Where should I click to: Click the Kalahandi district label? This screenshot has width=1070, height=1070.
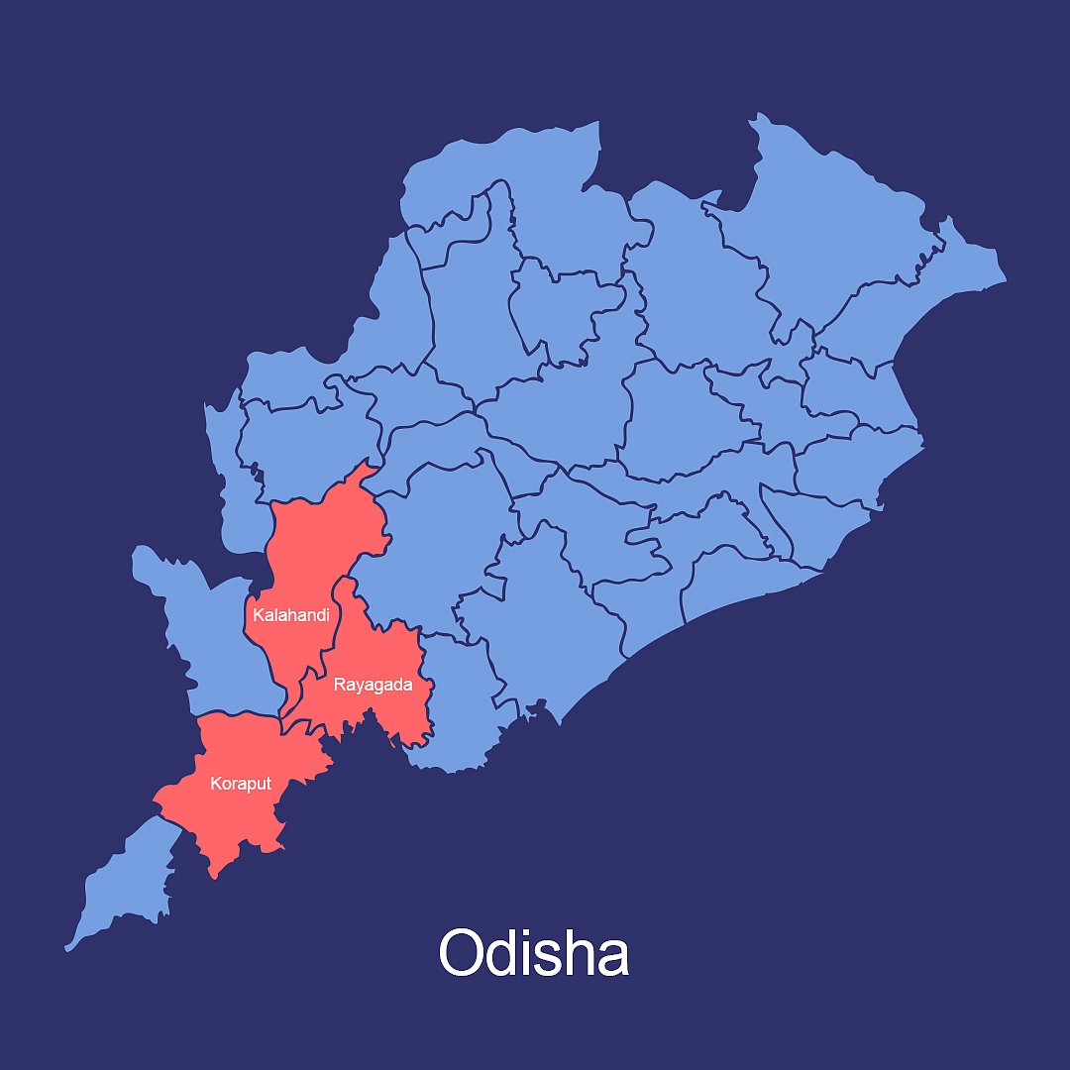(290, 615)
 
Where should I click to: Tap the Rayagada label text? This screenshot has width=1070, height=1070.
(373, 685)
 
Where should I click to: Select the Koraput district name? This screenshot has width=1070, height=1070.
(240, 784)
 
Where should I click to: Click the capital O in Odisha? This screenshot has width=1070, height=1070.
(463, 954)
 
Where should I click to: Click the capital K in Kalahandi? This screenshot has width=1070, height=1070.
(258, 615)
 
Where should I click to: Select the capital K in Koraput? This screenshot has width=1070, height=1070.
(215, 784)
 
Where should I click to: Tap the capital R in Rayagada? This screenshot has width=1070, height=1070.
(339, 685)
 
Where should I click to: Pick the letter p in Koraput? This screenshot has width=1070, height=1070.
(250, 786)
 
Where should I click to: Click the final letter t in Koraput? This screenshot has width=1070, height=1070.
(268, 784)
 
